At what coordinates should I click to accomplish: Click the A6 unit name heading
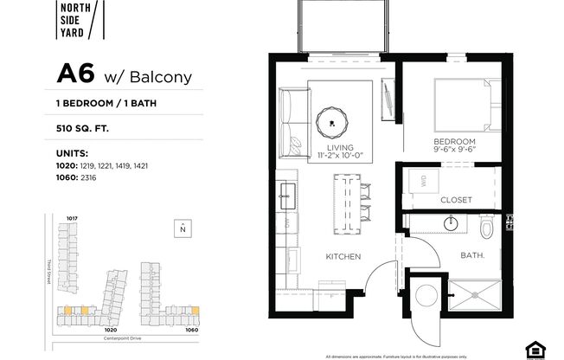point(75,74)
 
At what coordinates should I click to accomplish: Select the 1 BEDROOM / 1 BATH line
point(108,103)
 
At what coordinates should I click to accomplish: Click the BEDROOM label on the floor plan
point(455,141)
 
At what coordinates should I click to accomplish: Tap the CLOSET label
point(456,200)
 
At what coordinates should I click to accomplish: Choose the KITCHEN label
point(343,257)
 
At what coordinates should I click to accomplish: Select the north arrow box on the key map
point(182,228)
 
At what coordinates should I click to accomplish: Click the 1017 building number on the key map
point(72,218)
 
